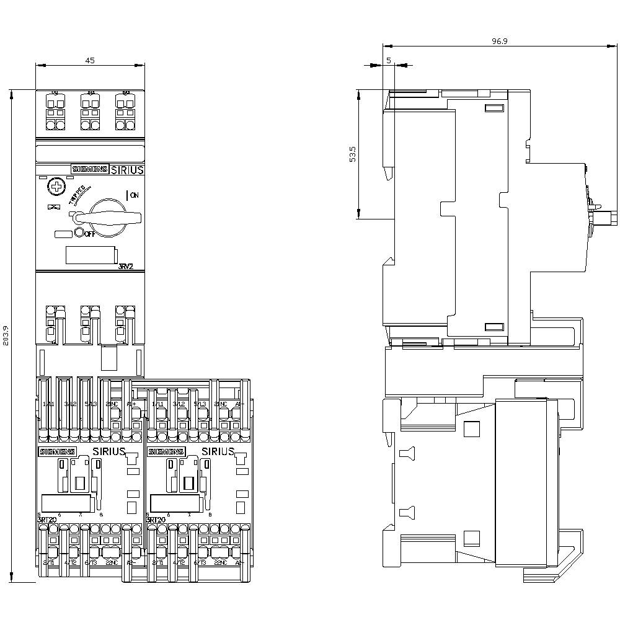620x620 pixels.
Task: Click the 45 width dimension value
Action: (90, 60)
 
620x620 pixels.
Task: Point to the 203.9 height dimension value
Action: (7, 336)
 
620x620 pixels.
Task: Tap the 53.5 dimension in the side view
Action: (353, 154)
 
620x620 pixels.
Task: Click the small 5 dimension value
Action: (389, 60)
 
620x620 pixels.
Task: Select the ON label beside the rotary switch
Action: (133, 195)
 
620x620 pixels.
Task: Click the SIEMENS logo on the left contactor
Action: (57, 451)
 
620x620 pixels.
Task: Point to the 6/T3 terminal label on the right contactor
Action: (199, 562)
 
